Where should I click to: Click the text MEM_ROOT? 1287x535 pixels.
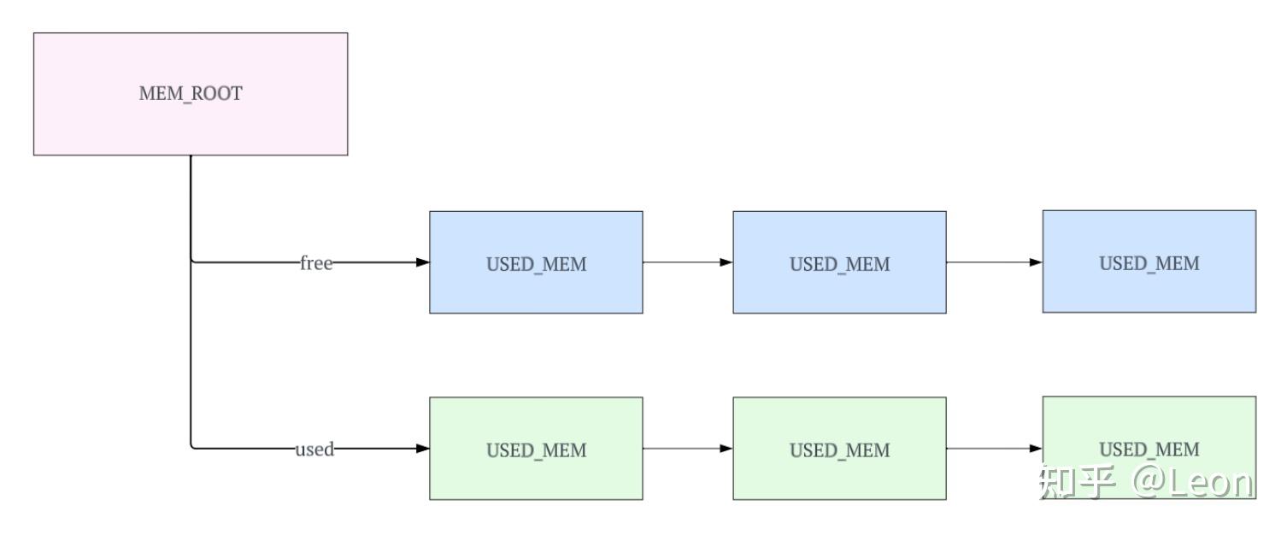(190, 94)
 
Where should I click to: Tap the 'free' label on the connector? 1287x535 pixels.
(315, 263)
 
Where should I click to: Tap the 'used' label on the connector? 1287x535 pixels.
(314, 450)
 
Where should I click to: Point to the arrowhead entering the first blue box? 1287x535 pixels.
(422, 263)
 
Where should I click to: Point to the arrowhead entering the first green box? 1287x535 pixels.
(422, 449)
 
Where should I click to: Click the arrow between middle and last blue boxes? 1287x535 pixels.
(993, 262)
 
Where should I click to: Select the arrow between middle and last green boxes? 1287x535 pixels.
(993, 449)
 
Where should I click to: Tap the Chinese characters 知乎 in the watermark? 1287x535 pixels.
(1077, 483)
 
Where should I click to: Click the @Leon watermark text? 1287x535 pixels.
(1194, 483)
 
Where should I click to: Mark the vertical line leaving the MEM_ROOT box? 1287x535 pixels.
(191, 205)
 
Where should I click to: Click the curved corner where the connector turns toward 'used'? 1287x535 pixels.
(193, 446)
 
